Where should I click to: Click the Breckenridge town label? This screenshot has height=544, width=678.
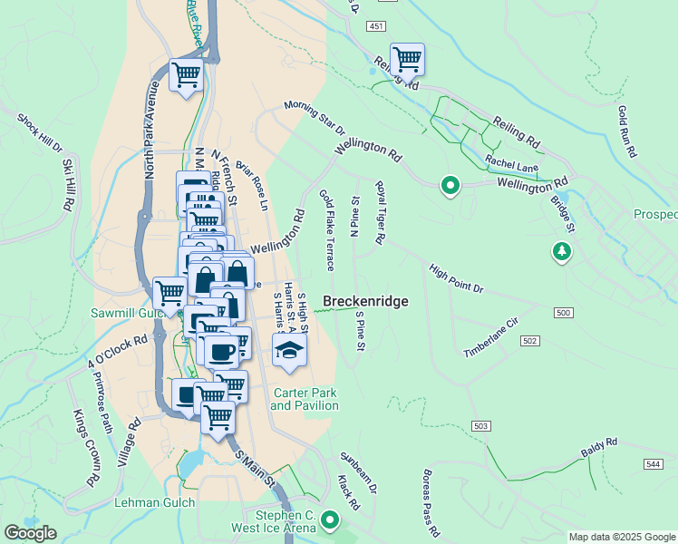point(365,301)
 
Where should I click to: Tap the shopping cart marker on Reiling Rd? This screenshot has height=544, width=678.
point(407,60)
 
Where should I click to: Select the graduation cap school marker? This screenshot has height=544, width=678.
point(289,351)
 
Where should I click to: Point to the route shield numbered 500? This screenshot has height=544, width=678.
point(563,313)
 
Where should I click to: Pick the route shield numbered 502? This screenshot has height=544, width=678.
point(530,340)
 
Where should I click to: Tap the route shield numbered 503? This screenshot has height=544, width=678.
point(481,425)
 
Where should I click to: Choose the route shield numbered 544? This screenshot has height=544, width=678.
point(654,463)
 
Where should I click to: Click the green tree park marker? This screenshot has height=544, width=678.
point(563,251)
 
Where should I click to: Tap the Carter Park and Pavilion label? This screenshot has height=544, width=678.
point(305,399)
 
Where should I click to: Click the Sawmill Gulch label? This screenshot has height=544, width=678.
point(125,313)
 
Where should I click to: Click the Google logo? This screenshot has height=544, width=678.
point(30,533)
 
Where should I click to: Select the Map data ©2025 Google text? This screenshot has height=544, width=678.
point(621,537)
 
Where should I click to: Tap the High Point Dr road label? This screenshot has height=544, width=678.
point(457,278)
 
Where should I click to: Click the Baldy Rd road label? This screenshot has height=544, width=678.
point(599,448)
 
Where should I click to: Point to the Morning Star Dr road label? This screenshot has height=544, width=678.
point(315,117)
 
